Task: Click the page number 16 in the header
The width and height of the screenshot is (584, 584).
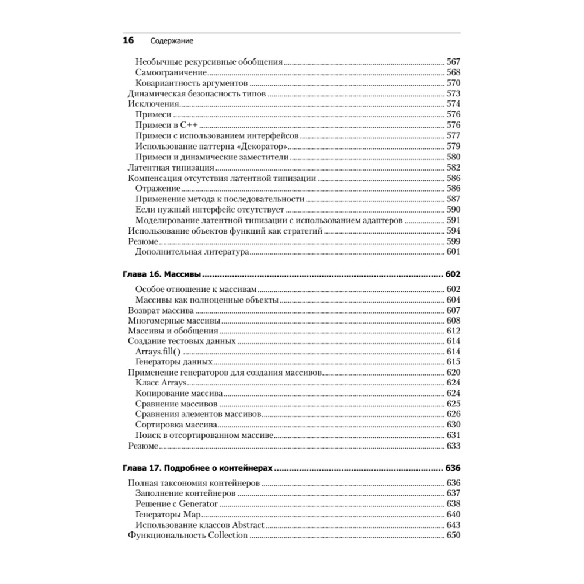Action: [128, 41]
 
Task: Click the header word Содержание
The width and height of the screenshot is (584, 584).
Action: [172, 41]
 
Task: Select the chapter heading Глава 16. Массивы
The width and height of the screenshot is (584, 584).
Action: [162, 274]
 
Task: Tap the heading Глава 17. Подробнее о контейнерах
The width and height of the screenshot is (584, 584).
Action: [199, 468]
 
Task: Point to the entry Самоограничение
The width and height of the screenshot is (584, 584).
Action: [171, 72]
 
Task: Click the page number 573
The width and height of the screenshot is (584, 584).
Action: [453, 93]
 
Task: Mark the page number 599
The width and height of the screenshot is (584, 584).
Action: [453, 241]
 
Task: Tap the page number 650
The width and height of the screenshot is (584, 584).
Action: [453, 536]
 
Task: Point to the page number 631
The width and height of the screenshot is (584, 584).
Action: [453, 435]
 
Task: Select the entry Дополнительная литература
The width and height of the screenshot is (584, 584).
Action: [192, 252]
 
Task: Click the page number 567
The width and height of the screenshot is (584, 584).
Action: [453, 62]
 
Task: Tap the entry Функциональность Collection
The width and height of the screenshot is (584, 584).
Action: [187, 536]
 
